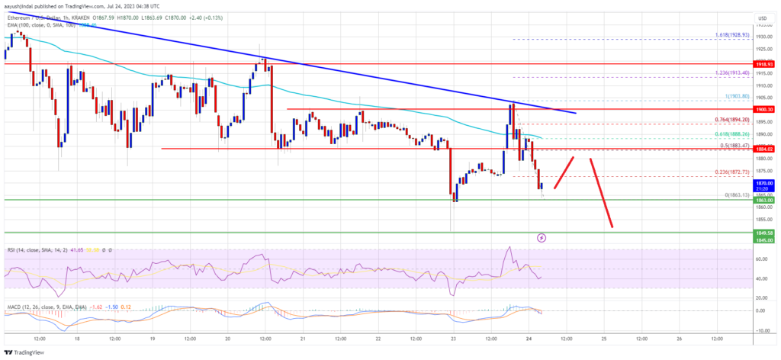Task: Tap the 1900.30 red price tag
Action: (765, 109)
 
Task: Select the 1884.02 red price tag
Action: (765, 149)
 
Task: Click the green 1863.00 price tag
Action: (765, 200)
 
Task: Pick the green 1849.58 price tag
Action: (765, 232)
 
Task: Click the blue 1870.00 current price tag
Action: (765, 184)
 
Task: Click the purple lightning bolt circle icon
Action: (542, 238)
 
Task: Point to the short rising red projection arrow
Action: (564, 172)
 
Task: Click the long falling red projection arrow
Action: (601, 191)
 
